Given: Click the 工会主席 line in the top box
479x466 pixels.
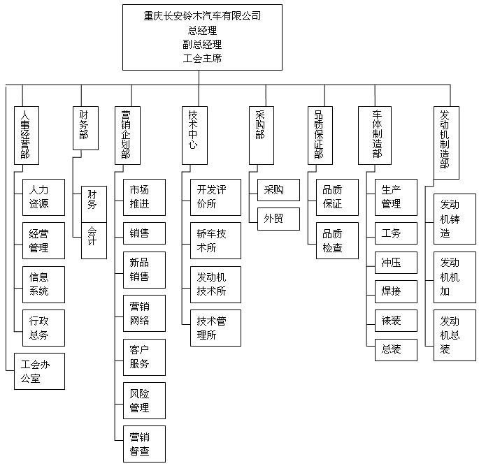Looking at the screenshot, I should [202, 59].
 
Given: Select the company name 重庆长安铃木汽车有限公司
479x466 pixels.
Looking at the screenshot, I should [202, 15].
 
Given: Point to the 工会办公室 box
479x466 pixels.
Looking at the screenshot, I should [39, 371].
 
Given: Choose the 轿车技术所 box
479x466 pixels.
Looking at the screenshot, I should [215, 240].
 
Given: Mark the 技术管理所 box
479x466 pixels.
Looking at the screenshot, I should [215, 328].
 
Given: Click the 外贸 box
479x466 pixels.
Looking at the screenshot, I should [278, 219].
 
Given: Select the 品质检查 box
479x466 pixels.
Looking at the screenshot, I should [333, 240].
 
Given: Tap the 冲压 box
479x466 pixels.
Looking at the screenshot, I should [392, 263].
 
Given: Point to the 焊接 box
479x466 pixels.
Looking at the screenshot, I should [392, 291].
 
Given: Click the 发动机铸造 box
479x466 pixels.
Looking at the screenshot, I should [455, 219].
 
